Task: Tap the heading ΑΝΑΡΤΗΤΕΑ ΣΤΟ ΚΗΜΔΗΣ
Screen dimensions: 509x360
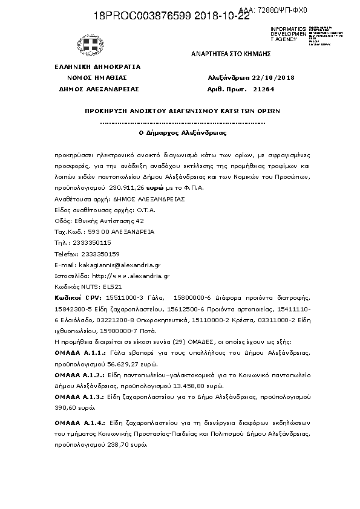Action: pyautogui.click(x=230, y=54)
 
